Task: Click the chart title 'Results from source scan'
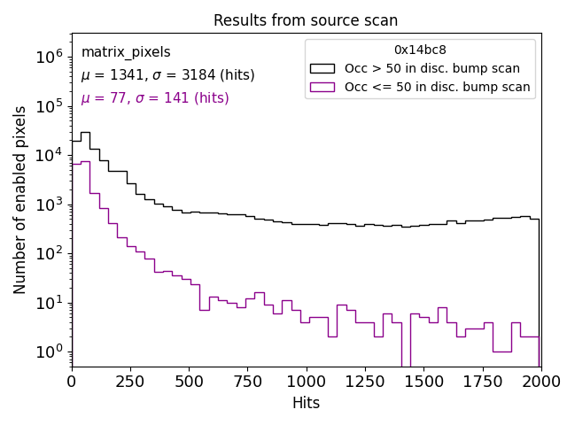(306, 20)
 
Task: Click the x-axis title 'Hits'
(306, 404)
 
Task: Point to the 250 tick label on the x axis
(189, 382)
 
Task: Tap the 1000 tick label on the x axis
(306, 382)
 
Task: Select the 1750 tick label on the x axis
(482, 382)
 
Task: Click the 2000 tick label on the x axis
(540, 382)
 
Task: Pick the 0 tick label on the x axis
(72, 382)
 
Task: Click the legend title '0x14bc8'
(420, 50)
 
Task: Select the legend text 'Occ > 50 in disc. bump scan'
(432, 68)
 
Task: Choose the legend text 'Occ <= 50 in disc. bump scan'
(437, 87)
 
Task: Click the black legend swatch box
(322, 68)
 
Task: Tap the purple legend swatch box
(322, 87)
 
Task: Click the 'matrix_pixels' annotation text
(126, 53)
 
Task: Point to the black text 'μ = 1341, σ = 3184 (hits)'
(155, 76)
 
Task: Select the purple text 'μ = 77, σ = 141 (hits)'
(155, 98)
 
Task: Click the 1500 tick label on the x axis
(423, 382)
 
